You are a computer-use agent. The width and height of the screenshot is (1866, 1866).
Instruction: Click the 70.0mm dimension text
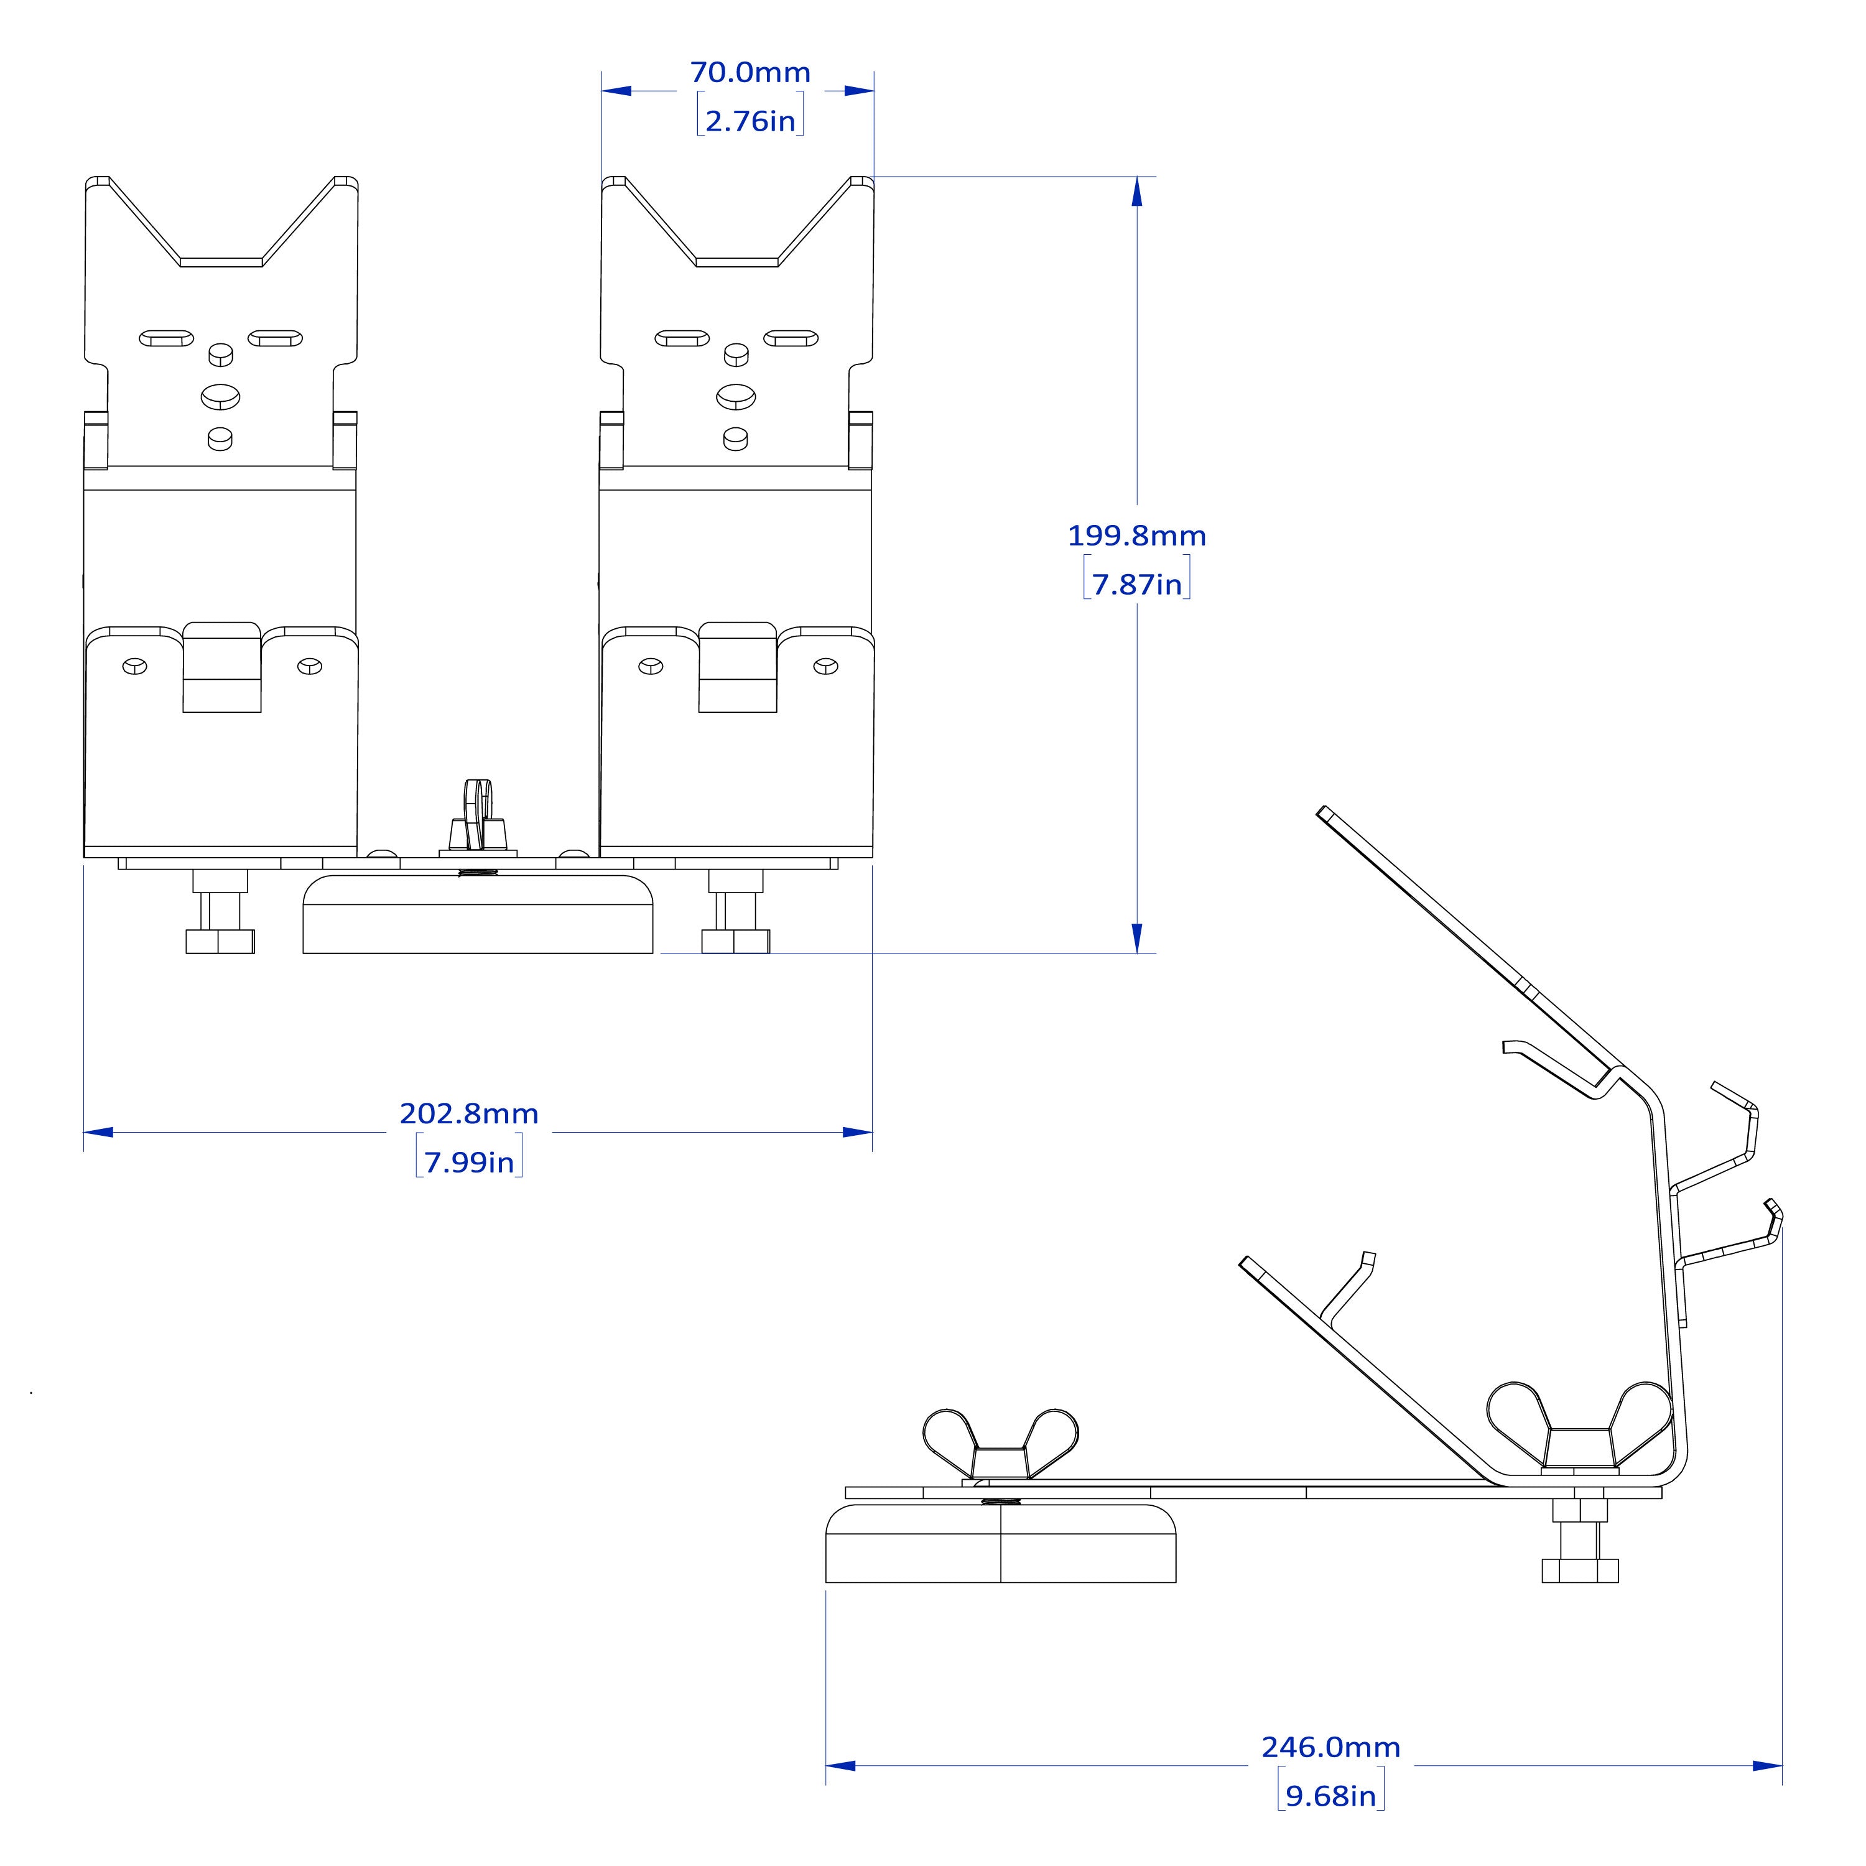point(751,72)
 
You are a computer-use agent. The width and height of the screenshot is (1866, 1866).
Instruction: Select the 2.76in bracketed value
point(751,121)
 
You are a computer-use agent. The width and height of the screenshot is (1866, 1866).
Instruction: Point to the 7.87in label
point(1137,584)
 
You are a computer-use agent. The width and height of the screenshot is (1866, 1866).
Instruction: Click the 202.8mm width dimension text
point(470,1113)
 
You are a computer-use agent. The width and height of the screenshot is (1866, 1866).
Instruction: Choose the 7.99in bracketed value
point(470,1162)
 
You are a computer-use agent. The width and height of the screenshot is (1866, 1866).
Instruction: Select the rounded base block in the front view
point(478,914)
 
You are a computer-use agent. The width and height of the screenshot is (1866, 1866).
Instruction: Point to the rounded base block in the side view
point(1001,1543)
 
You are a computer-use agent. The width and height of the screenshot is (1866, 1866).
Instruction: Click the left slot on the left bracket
point(166,338)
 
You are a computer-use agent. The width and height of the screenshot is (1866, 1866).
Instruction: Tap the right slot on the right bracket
point(791,338)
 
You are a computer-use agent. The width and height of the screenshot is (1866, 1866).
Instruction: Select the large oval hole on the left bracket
point(220,396)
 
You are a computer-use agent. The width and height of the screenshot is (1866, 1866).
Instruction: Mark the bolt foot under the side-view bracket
point(1580,1541)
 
